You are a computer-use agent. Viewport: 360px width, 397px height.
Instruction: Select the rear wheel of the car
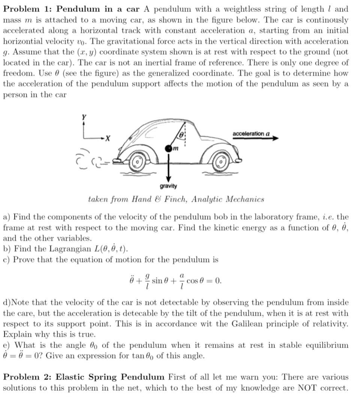(138, 162)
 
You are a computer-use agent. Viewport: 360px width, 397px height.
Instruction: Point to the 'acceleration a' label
(251, 134)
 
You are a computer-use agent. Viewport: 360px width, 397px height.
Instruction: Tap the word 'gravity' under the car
(168, 186)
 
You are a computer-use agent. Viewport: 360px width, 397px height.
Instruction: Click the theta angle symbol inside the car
(181, 134)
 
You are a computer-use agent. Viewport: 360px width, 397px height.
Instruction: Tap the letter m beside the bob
(175, 150)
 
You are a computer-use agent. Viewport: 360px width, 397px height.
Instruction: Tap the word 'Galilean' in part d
(251, 324)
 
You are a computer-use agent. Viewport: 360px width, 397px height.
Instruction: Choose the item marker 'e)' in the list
(7, 345)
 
